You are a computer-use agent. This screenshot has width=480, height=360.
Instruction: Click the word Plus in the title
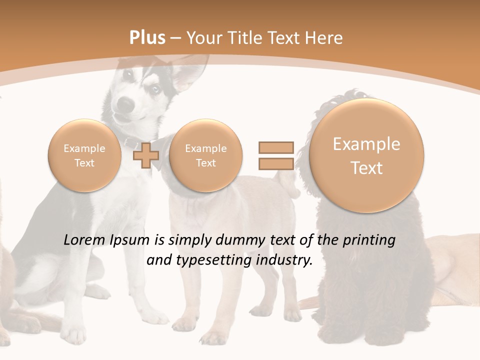point(147,38)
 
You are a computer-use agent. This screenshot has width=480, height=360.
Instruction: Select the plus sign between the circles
point(146,155)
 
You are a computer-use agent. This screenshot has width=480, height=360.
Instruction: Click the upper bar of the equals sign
point(275,147)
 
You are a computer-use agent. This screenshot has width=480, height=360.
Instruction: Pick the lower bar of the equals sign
point(275,163)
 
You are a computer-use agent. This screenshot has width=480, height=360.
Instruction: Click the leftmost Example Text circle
point(84,155)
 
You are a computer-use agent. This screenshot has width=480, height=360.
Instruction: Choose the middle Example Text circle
point(205,155)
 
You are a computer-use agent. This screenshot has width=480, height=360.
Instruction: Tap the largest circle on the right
point(366,155)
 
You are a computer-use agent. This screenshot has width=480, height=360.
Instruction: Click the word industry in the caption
point(284,260)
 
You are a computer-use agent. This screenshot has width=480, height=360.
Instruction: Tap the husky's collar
point(131,142)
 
